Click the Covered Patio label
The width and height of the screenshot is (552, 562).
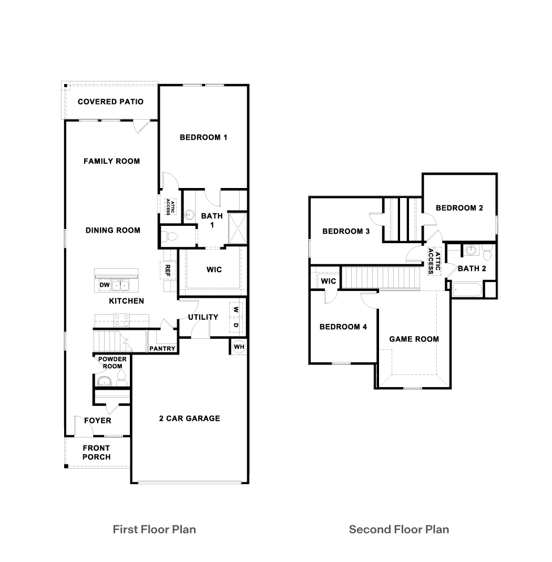110,101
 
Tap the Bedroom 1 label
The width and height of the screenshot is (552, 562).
203,138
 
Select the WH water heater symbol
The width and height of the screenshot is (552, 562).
238,347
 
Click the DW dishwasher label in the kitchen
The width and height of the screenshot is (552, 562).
104,285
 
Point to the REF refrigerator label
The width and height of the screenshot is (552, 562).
168,270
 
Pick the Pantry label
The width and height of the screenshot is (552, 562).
162,348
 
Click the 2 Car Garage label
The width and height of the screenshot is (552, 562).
189,419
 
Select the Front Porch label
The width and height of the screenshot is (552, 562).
96,453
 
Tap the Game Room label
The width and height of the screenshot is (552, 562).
414,339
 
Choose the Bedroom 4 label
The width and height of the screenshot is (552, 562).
343,327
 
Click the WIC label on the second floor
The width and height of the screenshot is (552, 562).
329,281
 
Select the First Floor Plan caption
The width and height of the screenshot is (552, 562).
154,529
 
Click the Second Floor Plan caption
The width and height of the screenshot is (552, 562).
399,529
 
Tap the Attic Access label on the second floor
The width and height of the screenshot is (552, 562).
433,261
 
